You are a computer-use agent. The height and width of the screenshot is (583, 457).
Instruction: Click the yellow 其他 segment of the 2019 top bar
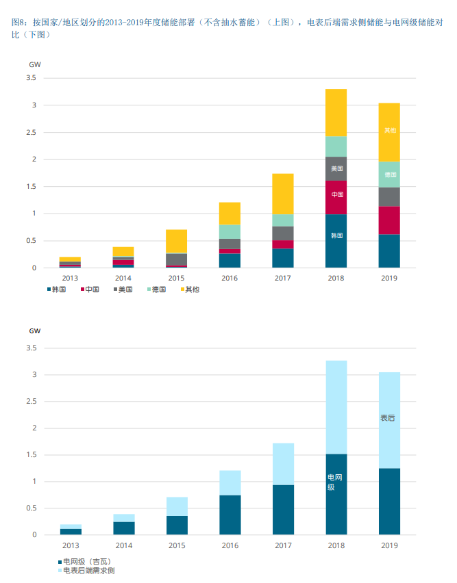pos(389,132)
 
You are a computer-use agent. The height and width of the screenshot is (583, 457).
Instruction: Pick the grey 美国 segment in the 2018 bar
pos(336,168)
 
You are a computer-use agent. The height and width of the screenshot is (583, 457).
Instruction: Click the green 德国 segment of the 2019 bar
pos(389,174)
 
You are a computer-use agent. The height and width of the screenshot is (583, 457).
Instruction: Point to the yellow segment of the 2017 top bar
pos(283,194)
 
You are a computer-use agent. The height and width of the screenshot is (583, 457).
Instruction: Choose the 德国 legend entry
pos(158,289)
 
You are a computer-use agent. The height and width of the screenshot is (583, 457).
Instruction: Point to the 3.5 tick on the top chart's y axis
pos(31,78)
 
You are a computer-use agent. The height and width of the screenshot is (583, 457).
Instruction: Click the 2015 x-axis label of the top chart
pos(176,278)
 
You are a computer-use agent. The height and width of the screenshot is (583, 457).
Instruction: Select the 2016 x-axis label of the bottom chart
pos(230,545)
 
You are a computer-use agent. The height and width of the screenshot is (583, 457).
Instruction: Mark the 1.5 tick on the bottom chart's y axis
pos(31,455)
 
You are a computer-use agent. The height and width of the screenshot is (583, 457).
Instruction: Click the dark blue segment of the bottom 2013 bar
pos(71,532)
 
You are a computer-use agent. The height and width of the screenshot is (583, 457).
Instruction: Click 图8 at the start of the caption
pos(21,23)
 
